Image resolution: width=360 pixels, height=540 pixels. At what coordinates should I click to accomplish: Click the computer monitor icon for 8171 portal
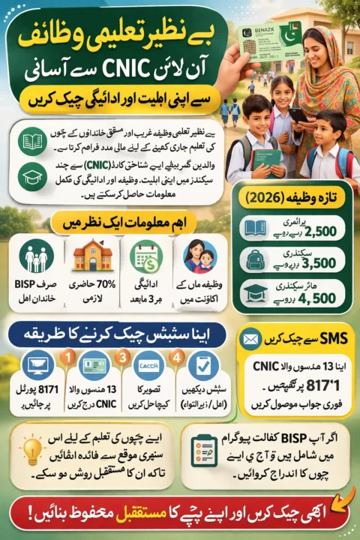click(x=34, y=367)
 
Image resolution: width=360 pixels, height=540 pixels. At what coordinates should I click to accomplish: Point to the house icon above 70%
click(x=91, y=258)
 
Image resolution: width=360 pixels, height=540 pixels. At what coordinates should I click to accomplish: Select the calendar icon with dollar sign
click(x=145, y=258)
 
